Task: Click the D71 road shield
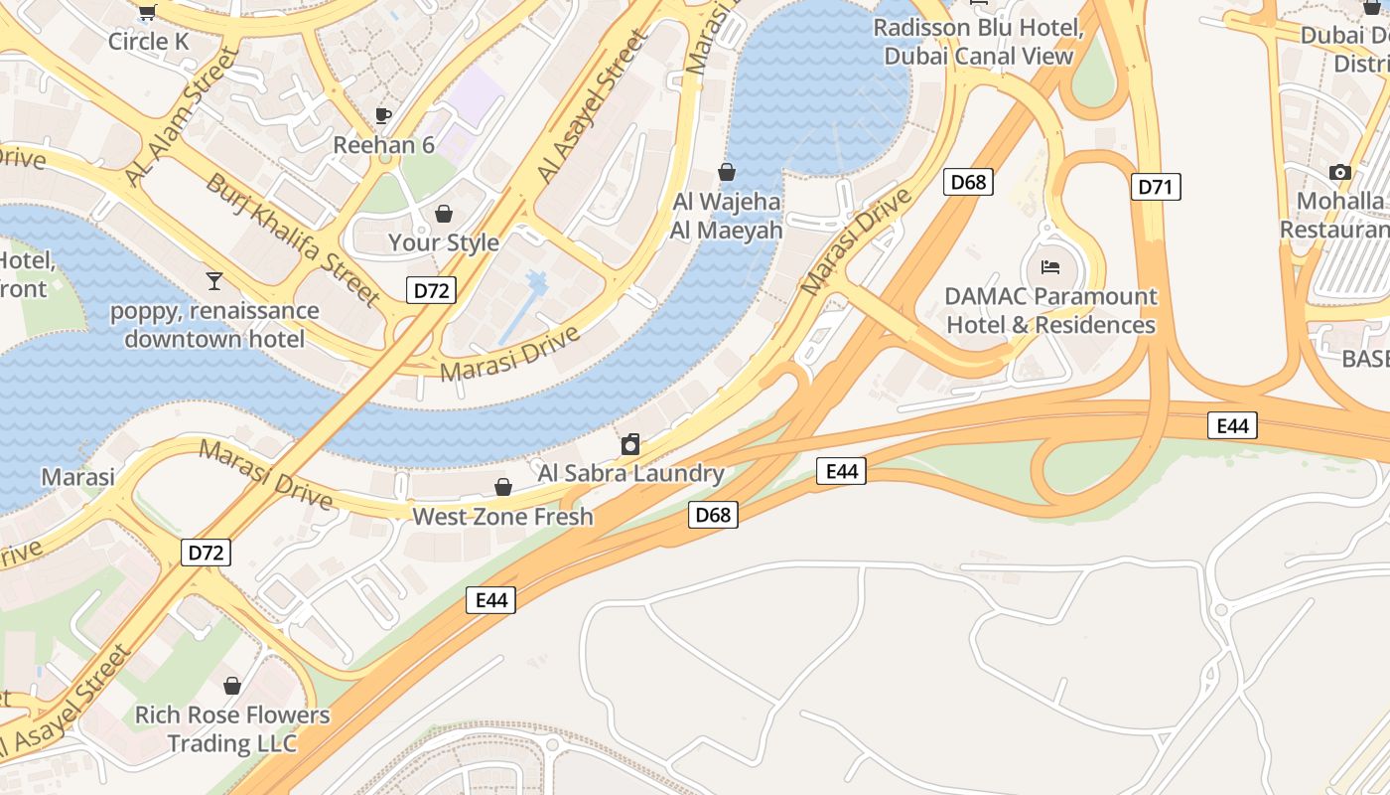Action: pyautogui.click(x=1156, y=187)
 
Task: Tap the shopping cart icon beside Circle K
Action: pyautogui.click(x=147, y=12)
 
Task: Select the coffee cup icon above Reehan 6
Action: pyautogui.click(x=383, y=116)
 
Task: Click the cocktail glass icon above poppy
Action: pyautogui.click(x=213, y=281)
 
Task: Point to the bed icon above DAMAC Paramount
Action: pyautogui.click(x=1050, y=266)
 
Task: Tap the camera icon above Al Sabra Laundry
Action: pyautogui.click(x=630, y=444)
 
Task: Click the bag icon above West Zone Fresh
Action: pyautogui.click(x=503, y=487)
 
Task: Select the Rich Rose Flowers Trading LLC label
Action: pyautogui.click(x=232, y=728)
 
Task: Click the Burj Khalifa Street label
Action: pyautogui.click(x=293, y=239)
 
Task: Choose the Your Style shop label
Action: pyautogui.click(x=444, y=242)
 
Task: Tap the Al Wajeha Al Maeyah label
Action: pyautogui.click(x=727, y=216)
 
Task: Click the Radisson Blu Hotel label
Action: pyautogui.click(x=978, y=42)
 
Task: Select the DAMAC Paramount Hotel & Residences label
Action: pyautogui.click(x=1050, y=310)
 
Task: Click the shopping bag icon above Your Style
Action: pyautogui.click(x=444, y=214)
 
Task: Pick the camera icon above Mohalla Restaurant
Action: pyautogui.click(x=1340, y=172)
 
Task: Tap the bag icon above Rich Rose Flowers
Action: pyautogui.click(x=232, y=686)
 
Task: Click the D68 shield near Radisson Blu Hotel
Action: pyautogui.click(x=968, y=182)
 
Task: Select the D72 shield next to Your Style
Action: pyautogui.click(x=432, y=290)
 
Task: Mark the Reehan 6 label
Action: pyautogui.click(x=383, y=145)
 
